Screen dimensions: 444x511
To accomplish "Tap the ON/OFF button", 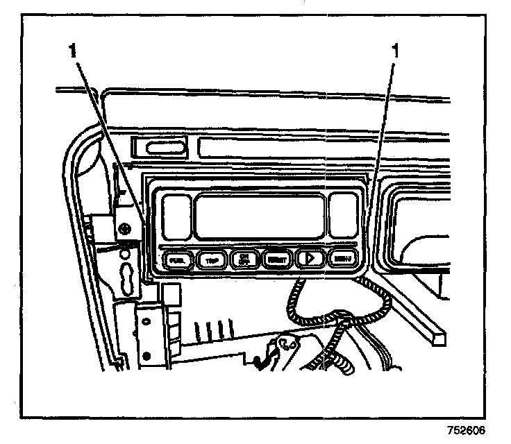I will point(244,259).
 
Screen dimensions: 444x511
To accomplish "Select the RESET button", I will point(276,259).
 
